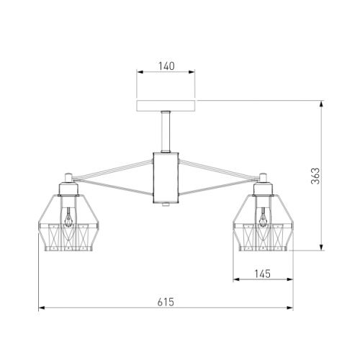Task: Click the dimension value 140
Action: pos(166,66)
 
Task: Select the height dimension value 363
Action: pos(315,176)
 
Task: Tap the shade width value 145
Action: pos(263,274)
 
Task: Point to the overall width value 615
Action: pos(166,302)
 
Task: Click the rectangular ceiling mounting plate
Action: pos(166,106)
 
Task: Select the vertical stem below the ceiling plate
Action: pos(166,132)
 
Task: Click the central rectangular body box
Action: pos(166,178)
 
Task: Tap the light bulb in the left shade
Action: pos(69,217)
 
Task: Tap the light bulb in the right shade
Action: pos(264,217)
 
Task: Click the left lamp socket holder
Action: pos(68,189)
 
